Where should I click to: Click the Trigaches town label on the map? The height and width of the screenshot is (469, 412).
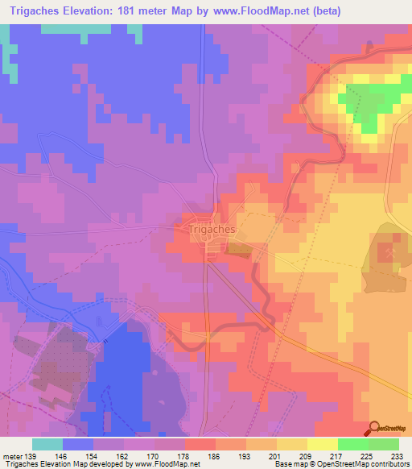tap(212, 230)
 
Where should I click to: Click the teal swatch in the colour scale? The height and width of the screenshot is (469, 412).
tap(47, 444)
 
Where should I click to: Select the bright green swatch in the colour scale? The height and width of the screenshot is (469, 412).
tap(353, 444)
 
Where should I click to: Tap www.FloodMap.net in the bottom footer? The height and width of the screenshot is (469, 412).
tap(167, 464)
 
